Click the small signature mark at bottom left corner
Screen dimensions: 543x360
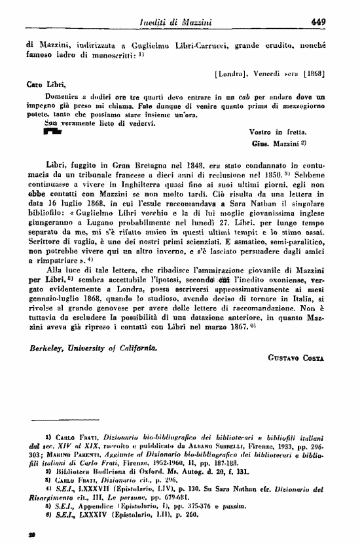tap(31, 533)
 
